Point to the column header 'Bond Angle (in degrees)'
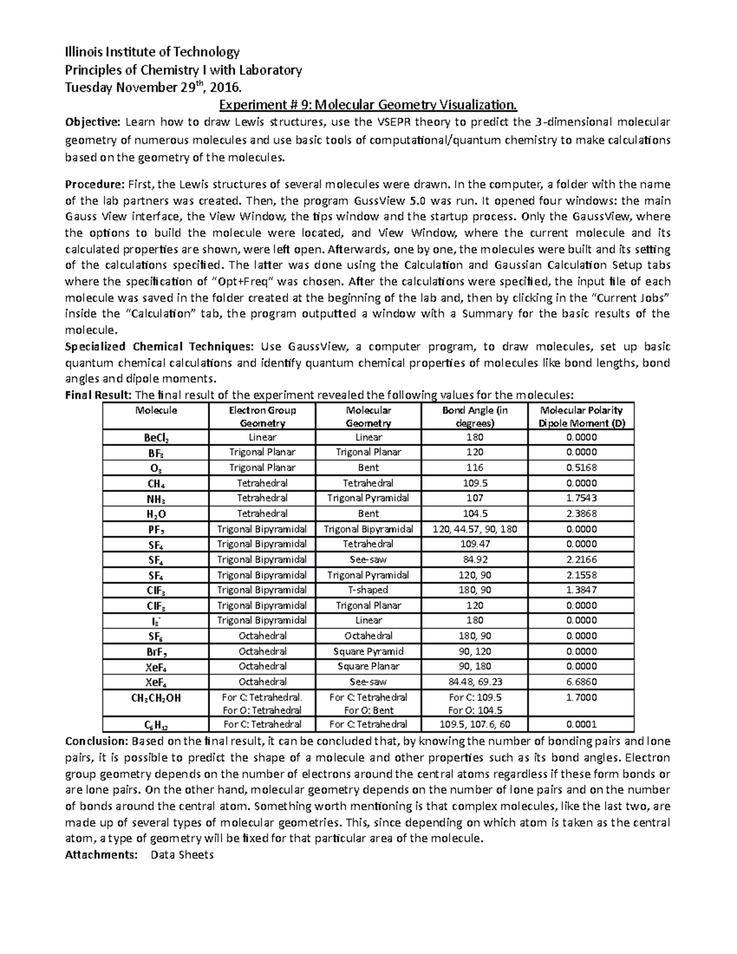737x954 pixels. (x=475, y=416)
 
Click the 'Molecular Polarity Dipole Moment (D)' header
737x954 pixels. (x=580, y=416)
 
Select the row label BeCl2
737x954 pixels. (x=156, y=438)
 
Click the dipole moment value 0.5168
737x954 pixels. (x=580, y=467)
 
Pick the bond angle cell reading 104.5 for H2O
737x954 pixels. (x=475, y=514)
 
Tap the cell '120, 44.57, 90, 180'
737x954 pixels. (x=475, y=529)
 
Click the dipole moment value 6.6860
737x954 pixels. (x=580, y=682)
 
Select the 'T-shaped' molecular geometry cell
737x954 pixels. (x=368, y=590)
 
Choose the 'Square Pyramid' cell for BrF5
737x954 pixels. (x=368, y=651)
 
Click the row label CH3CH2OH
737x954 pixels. (x=156, y=698)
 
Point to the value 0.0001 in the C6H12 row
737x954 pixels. (x=580, y=724)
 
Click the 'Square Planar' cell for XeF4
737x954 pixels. (x=368, y=667)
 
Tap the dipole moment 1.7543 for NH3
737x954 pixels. (x=580, y=498)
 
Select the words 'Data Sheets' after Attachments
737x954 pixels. (x=182, y=854)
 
